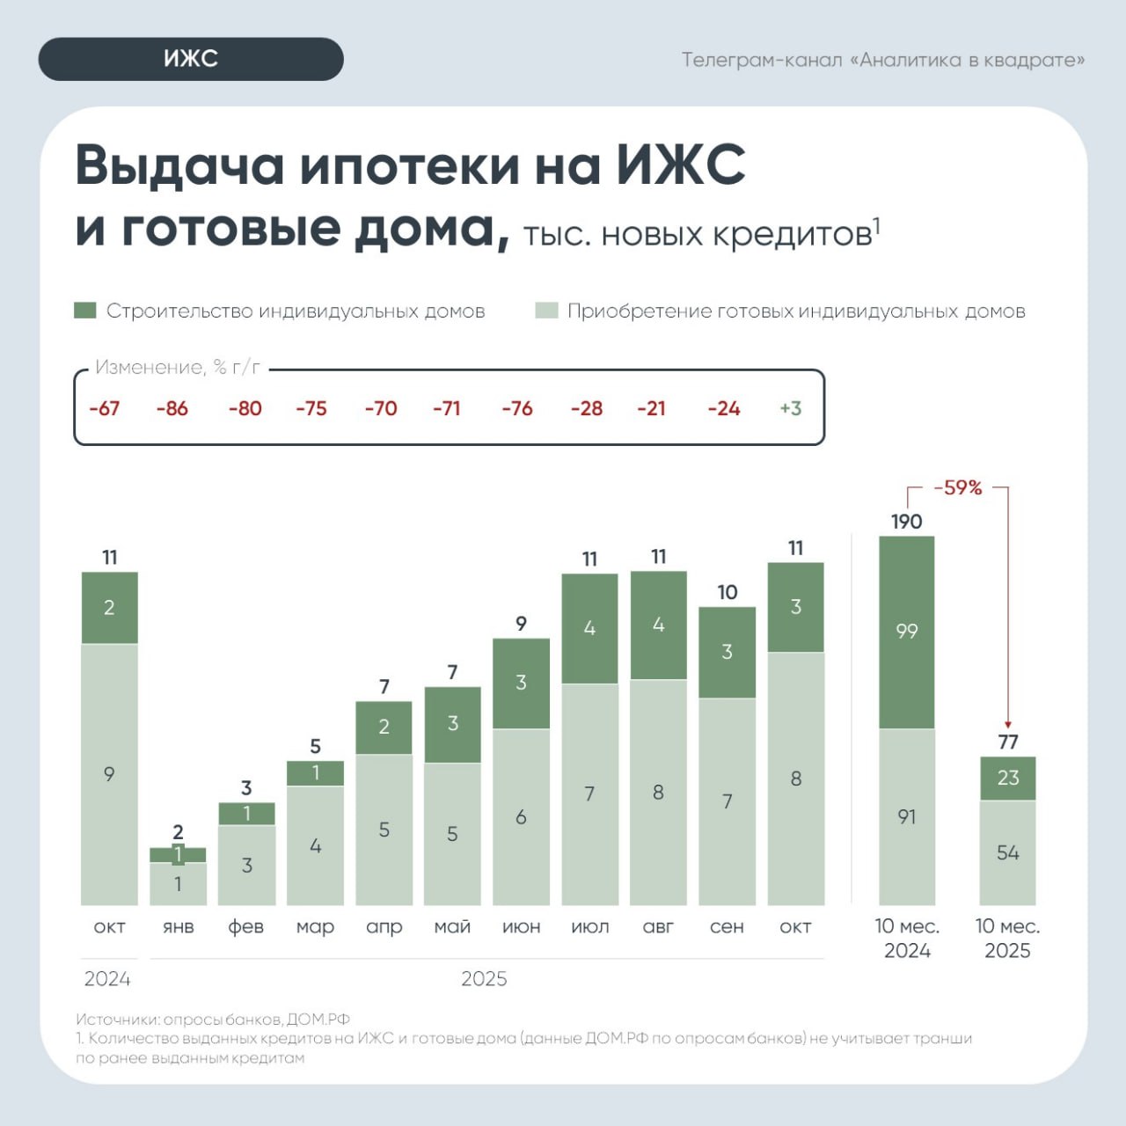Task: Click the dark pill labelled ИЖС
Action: [x=191, y=59]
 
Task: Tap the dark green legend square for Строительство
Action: [x=84, y=311]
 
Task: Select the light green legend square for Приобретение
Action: [x=546, y=311]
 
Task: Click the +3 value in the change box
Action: [x=790, y=408]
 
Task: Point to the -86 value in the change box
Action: [x=172, y=408]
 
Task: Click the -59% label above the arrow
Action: [x=957, y=487]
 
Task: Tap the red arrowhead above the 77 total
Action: [x=1008, y=725]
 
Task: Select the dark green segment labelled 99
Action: [x=906, y=632]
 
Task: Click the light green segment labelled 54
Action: [x=1008, y=852]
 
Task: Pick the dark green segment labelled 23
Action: [x=1008, y=778]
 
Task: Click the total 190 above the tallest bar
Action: [x=906, y=522]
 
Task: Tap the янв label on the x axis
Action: [x=178, y=926]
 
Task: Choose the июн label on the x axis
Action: [x=521, y=926]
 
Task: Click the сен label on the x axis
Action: [x=727, y=926]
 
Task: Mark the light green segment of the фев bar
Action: [x=246, y=865]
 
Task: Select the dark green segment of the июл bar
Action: [x=589, y=628]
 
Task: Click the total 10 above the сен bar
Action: [x=727, y=592]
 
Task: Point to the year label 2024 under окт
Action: [x=107, y=978]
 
